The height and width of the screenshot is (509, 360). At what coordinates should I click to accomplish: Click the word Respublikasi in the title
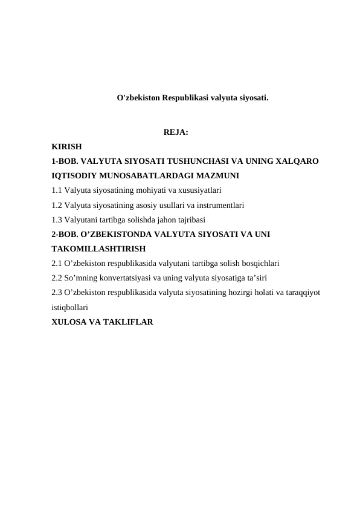click(185, 97)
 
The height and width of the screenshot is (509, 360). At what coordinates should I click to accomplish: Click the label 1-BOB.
click(64, 161)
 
